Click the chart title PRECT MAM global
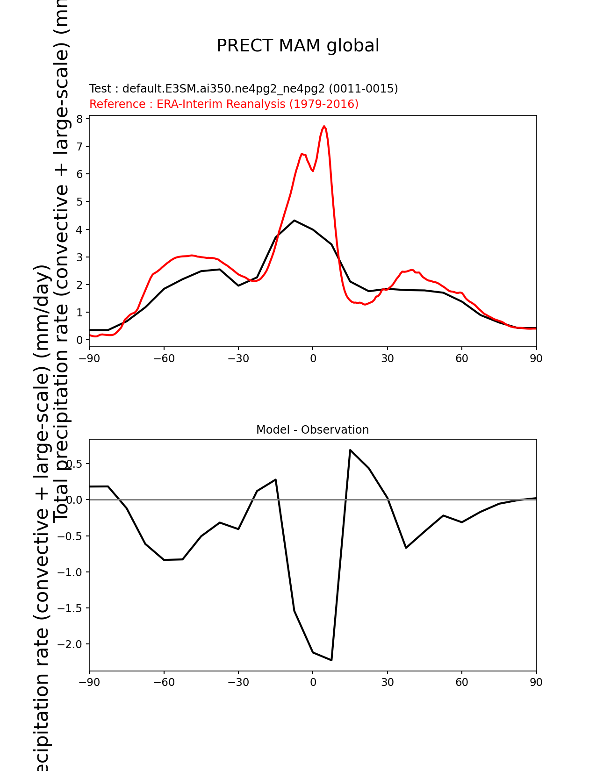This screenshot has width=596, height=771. click(298, 46)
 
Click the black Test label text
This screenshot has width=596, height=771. click(244, 89)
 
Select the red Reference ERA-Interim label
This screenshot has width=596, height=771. click(224, 104)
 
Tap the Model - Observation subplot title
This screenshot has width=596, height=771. click(312, 430)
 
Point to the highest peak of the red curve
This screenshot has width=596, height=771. click(324, 126)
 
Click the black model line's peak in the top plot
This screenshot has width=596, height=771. click(294, 221)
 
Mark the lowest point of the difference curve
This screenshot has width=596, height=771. click(331, 660)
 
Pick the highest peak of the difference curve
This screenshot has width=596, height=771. click(350, 450)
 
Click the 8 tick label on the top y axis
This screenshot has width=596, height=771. click(80, 119)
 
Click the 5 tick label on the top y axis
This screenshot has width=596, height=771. click(80, 202)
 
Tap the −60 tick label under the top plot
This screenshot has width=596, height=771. click(164, 358)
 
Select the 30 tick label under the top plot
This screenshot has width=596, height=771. click(387, 358)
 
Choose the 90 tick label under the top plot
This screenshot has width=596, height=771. click(536, 358)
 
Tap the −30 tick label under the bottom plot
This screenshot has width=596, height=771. click(238, 682)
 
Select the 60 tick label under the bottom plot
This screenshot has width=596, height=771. click(462, 682)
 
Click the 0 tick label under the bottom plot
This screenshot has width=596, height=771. click(313, 682)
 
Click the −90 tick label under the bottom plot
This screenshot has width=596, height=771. click(89, 682)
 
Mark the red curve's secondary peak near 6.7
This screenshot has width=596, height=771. click(302, 154)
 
